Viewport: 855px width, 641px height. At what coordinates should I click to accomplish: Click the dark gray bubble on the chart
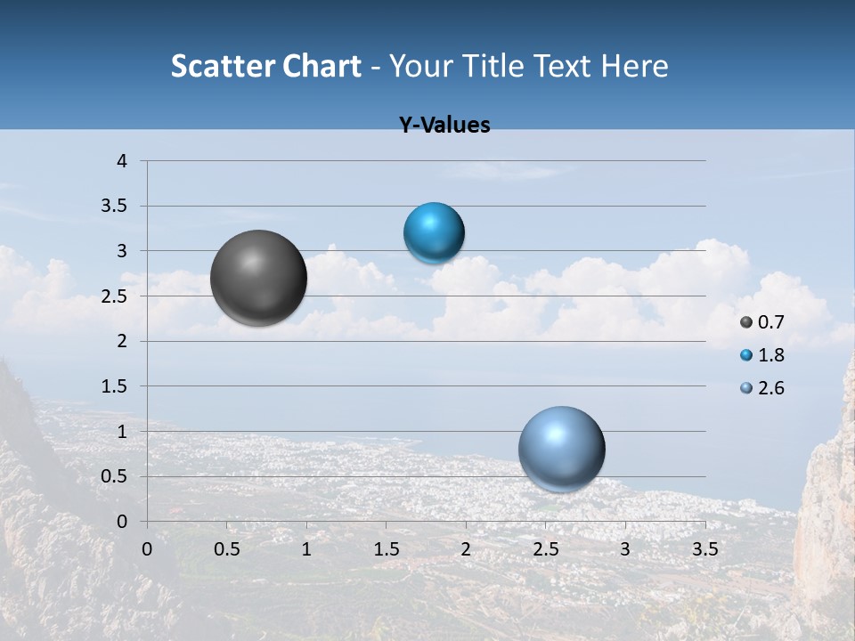coord(259,278)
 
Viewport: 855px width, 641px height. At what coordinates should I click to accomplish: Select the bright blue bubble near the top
coord(434,233)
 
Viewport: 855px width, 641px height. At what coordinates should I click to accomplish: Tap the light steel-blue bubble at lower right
coord(561,449)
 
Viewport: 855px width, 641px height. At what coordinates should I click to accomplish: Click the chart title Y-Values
coord(444,126)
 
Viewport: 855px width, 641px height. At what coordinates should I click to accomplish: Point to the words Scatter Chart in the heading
coord(266,66)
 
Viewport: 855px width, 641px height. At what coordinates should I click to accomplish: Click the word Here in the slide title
coord(634,66)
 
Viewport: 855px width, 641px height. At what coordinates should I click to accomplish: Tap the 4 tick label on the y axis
coord(122,161)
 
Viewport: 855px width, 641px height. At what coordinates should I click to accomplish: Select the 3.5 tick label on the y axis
coord(116,207)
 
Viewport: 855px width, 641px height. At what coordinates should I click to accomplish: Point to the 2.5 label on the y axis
coord(116,296)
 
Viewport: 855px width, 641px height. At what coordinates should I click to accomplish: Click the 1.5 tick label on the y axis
coord(116,386)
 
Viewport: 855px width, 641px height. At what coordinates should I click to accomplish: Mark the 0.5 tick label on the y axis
coord(116,476)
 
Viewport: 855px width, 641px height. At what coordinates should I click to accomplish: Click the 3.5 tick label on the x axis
coord(704,549)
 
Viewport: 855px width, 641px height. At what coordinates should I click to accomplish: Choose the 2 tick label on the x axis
coord(466,549)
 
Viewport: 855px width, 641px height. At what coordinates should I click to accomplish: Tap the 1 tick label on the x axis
coord(306,549)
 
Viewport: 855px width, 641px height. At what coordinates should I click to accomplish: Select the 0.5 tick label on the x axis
coord(226,549)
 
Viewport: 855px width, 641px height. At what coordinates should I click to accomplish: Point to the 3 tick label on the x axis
coord(625,549)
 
